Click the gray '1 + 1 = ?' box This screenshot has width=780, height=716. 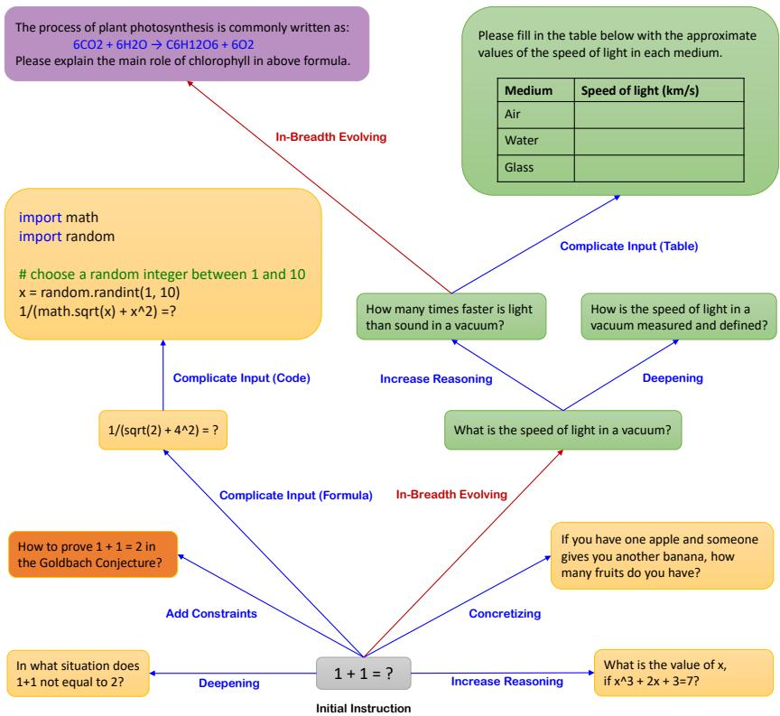pyautogui.click(x=364, y=674)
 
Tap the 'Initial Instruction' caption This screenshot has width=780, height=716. pyautogui.click(x=364, y=708)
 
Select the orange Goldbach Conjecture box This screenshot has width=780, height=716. pyautogui.click(x=93, y=554)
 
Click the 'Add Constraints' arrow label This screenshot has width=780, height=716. pyautogui.click(x=211, y=613)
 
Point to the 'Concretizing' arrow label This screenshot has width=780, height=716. pyautogui.click(x=505, y=613)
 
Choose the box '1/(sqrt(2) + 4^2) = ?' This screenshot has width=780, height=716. pyautogui.click(x=163, y=430)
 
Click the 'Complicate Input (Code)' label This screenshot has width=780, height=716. pyautogui.click(x=242, y=378)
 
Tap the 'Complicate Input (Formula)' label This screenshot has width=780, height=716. pyautogui.click(x=296, y=496)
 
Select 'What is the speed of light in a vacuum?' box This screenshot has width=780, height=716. pyautogui.click(x=563, y=430)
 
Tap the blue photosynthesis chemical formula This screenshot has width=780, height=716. pyautogui.click(x=163, y=45)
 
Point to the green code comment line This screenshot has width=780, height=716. pyautogui.click(x=162, y=274)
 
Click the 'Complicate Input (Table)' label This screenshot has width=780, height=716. pyautogui.click(x=629, y=246)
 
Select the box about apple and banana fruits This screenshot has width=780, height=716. pyautogui.click(x=662, y=556)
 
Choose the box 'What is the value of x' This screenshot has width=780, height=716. pyautogui.click(x=683, y=673)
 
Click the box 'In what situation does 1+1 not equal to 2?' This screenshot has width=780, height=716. pyautogui.click(x=79, y=674)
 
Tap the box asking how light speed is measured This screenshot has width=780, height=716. pyautogui.click(x=679, y=316)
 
